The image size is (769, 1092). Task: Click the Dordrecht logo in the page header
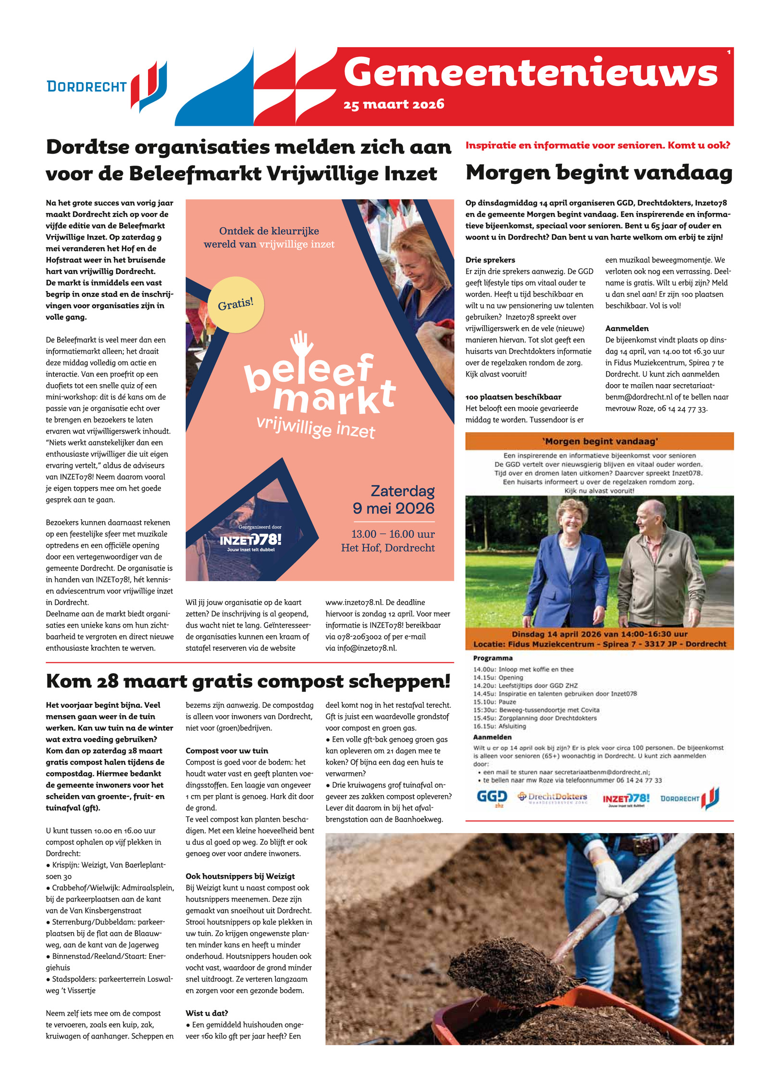pyautogui.click(x=107, y=86)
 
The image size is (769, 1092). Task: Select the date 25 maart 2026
pyautogui.click(x=394, y=105)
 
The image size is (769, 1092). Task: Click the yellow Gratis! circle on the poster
pyautogui.click(x=236, y=304)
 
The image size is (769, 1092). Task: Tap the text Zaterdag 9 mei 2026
pyautogui.click(x=394, y=499)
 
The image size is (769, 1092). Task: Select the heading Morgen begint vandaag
pyautogui.click(x=598, y=173)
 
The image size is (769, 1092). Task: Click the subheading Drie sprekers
pyautogui.click(x=490, y=260)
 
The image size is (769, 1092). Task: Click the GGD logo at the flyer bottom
pyautogui.click(x=491, y=798)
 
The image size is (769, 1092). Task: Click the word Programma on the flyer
pyautogui.click(x=493, y=658)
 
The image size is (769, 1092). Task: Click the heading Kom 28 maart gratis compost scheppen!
pyautogui.click(x=248, y=681)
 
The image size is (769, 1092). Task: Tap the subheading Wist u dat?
pyautogui.click(x=207, y=1013)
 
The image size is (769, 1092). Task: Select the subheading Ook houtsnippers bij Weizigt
pyautogui.click(x=240, y=876)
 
